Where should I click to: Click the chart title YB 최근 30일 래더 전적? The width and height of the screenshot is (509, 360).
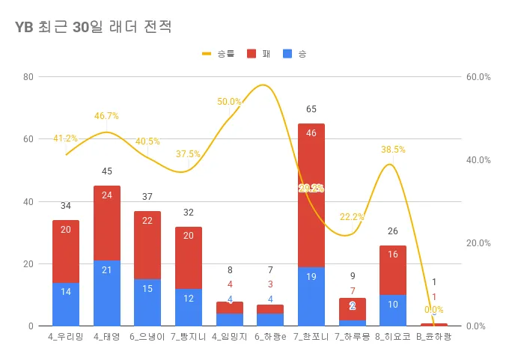(x=94, y=28)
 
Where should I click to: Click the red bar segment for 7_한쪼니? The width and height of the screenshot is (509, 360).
(x=311, y=195)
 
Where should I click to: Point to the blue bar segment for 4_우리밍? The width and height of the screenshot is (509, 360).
(x=66, y=304)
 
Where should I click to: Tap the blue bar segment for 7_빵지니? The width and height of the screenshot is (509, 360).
(x=188, y=307)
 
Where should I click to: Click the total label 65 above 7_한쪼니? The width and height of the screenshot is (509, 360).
(x=311, y=110)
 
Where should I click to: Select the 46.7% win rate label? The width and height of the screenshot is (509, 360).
(x=106, y=116)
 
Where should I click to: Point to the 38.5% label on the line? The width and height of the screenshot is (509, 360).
(x=393, y=150)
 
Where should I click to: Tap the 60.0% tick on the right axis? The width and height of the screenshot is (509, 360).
(x=478, y=76)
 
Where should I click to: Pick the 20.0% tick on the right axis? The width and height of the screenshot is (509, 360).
(x=478, y=243)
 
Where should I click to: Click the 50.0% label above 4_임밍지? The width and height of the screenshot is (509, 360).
(x=229, y=102)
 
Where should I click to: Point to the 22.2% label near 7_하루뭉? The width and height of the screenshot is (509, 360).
(x=352, y=217)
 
